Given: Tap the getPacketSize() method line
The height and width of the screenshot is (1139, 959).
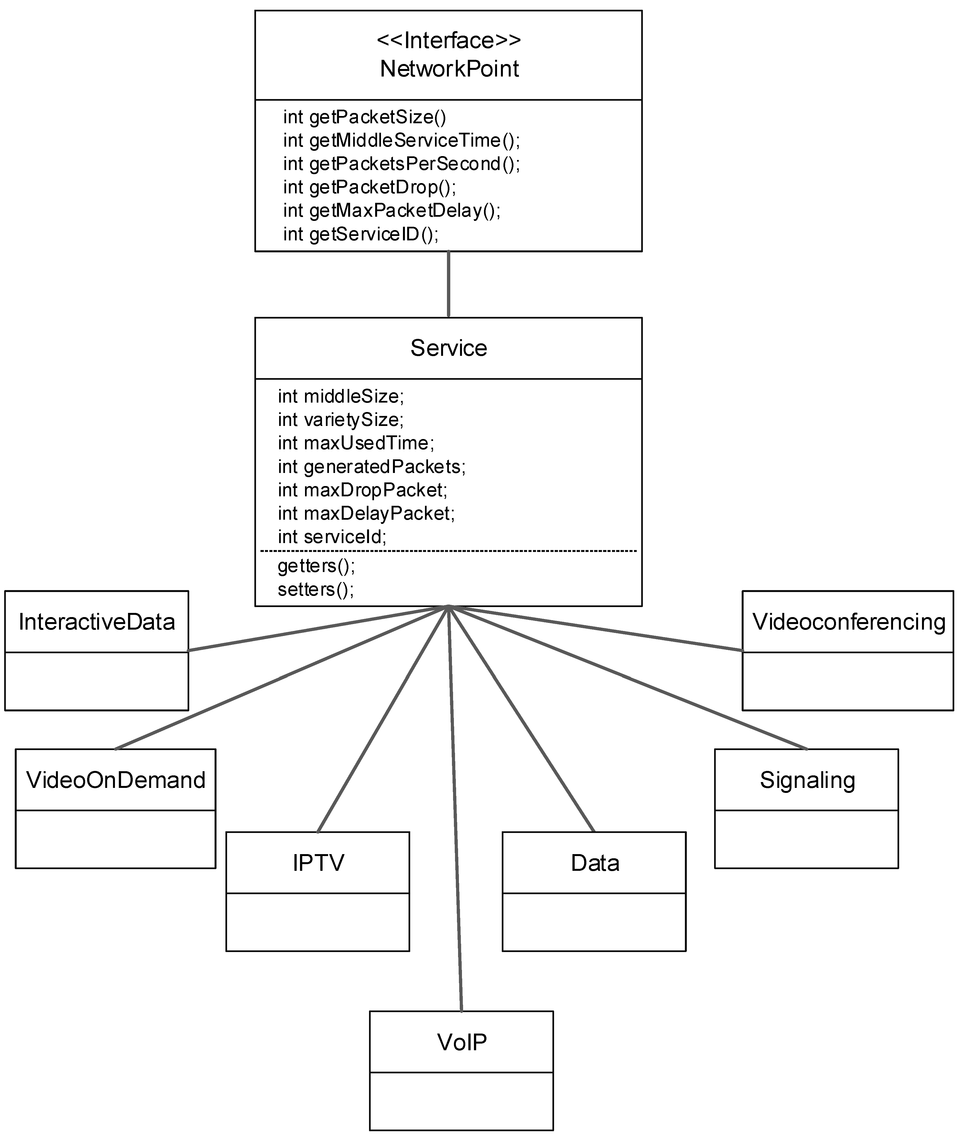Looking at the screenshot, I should (x=364, y=117).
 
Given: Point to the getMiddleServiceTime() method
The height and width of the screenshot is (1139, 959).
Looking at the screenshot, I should (x=401, y=141).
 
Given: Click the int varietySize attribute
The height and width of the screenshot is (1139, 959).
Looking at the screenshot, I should (x=341, y=420).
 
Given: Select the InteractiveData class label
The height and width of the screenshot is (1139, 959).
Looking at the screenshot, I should (x=97, y=622).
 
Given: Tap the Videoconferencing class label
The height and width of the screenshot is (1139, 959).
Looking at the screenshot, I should (x=849, y=622).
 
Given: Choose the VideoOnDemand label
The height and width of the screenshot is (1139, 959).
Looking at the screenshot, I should (x=116, y=780).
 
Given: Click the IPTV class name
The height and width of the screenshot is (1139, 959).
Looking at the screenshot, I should (x=318, y=863).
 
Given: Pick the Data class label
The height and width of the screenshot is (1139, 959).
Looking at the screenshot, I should (x=595, y=863).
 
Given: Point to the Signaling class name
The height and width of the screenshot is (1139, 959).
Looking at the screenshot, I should (x=807, y=780).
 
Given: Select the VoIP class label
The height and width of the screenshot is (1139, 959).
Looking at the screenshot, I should (x=462, y=1042).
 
